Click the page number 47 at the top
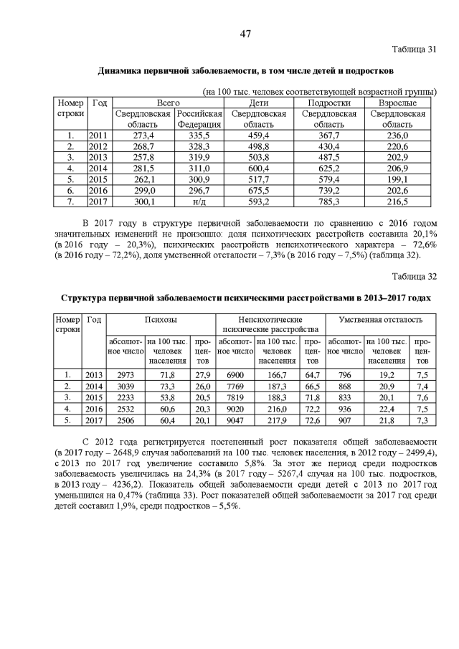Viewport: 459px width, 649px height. (x=245, y=34)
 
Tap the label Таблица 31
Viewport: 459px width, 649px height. (x=414, y=49)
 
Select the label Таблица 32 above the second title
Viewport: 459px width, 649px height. (x=414, y=275)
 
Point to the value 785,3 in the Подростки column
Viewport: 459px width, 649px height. (x=329, y=202)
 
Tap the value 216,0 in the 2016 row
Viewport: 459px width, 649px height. (x=277, y=409)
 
